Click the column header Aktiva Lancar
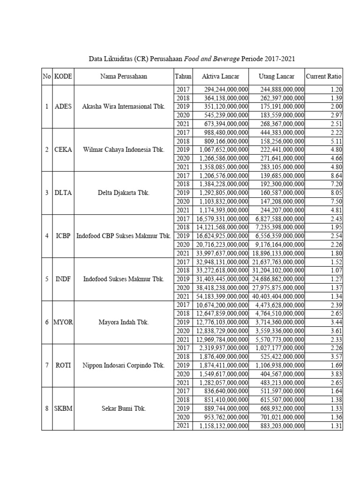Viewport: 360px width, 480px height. click(220, 76)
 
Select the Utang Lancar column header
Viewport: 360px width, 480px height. click(277, 76)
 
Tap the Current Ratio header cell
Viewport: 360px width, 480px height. click(323, 76)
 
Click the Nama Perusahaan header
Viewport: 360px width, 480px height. click(123, 76)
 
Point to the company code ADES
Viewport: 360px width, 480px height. click(63, 106)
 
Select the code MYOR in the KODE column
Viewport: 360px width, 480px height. click(63, 322)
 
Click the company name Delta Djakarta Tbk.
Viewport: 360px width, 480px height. click(123, 193)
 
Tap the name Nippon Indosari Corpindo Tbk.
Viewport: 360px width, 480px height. click(123, 365)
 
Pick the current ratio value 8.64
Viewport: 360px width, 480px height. click(335, 175)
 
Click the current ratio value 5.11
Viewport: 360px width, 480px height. click(335, 141)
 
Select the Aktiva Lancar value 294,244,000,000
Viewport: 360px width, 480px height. click(226, 89)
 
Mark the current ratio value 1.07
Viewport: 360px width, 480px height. click(335, 270)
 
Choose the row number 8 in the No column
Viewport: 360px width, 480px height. click(46, 408)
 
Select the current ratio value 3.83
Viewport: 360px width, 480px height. click(335, 374)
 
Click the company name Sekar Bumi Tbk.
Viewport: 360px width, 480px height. click(123, 408)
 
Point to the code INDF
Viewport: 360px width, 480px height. click(63, 279)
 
